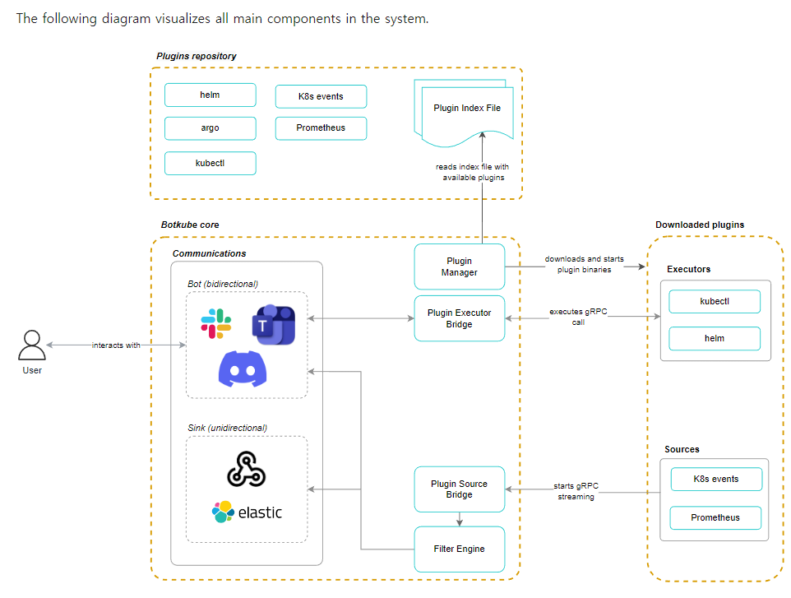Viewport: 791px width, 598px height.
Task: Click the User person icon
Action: [x=32, y=345]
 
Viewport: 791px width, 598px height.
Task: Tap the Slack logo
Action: [x=216, y=323]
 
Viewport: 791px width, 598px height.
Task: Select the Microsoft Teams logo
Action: [x=272, y=325]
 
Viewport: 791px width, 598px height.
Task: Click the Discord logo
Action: [x=243, y=368]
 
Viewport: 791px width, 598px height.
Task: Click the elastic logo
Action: [x=247, y=512]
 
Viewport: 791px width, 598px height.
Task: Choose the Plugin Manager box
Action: [x=459, y=267]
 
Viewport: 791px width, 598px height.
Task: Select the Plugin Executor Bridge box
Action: [x=459, y=318]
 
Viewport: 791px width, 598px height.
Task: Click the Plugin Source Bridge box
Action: [x=459, y=489]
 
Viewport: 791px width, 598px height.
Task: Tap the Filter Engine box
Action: [x=459, y=549]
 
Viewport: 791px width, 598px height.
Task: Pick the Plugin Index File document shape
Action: [x=466, y=109]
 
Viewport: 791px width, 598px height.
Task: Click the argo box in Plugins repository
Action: [x=210, y=128]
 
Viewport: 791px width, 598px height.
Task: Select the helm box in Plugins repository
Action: [x=210, y=95]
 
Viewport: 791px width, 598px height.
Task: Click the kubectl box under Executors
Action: [x=714, y=301]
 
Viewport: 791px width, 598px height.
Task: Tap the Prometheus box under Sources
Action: [x=715, y=517]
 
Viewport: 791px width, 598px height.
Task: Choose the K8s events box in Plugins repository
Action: [x=321, y=96]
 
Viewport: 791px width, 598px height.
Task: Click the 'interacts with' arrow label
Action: [x=116, y=345]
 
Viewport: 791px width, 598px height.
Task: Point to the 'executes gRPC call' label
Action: [x=578, y=318]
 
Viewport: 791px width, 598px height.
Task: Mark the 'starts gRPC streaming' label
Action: [x=576, y=491]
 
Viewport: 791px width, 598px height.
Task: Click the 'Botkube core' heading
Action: [x=190, y=225]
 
